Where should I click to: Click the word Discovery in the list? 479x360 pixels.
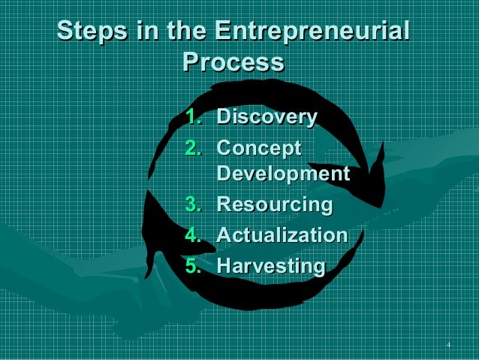point(267,117)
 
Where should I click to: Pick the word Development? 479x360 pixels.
point(283,174)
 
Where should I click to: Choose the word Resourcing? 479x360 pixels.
point(274,204)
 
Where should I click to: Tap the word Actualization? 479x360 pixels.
point(282,235)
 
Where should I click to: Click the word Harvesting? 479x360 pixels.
point(270,266)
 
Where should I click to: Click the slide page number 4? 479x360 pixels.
point(447,345)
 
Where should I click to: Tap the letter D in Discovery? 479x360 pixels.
point(224,117)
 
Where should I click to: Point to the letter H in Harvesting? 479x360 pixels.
point(224,266)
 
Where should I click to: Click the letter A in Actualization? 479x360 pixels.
point(224,235)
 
